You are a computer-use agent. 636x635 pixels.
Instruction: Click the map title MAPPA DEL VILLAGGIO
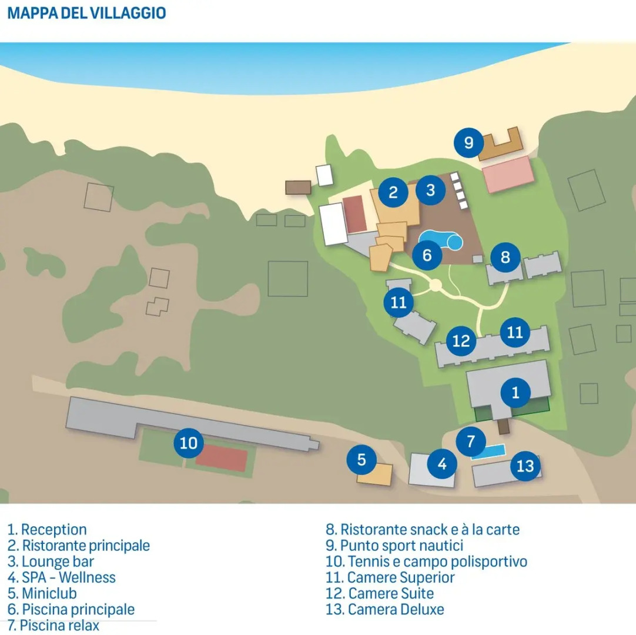[86, 14]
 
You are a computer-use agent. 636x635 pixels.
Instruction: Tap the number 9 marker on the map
[468, 142]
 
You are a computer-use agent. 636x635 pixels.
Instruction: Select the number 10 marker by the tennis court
[189, 443]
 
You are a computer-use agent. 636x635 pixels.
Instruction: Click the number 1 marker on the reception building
[516, 392]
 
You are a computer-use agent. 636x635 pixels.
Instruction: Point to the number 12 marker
[461, 340]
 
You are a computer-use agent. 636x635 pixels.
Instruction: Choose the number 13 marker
[525, 466]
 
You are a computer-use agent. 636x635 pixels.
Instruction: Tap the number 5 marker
[361, 460]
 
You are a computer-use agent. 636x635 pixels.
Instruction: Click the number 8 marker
[505, 257]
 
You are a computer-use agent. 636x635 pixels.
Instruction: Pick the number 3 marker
[431, 190]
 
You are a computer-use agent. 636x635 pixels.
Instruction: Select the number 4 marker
[442, 464]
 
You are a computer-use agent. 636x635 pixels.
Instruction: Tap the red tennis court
[221, 458]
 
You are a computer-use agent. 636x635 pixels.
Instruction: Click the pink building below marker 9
[508, 174]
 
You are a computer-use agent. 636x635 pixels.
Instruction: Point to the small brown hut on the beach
[298, 188]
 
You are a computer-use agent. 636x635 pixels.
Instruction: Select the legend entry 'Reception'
[48, 530]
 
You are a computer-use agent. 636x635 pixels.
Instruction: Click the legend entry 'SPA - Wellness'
[62, 577]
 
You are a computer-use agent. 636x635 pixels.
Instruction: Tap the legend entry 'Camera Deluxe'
[385, 609]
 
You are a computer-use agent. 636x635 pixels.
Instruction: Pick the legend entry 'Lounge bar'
[51, 562]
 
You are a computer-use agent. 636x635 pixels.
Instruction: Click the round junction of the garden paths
[436, 285]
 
